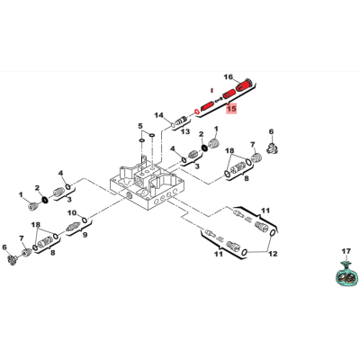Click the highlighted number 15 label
231,108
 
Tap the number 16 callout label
229,77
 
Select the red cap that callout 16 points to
245,85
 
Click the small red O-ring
197,112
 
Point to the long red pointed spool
207,105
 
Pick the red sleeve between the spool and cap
229,94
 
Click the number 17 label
346,251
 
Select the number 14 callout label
158,115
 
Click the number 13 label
185,131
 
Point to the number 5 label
139,126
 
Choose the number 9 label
85,235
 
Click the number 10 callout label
72,212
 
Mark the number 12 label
273,254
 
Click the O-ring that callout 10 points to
85,220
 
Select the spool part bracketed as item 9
72,227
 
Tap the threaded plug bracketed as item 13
181,121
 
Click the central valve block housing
148,187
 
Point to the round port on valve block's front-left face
130,196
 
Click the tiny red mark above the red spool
211,89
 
